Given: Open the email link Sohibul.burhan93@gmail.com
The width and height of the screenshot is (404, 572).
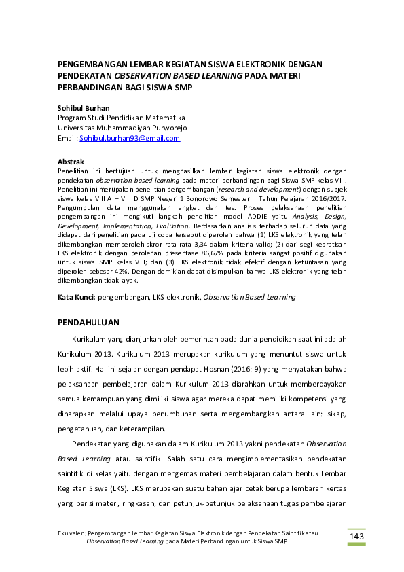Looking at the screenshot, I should pyautogui.click(x=130, y=138).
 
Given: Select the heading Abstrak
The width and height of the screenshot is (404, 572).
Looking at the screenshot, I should pyautogui.click(x=71, y=162).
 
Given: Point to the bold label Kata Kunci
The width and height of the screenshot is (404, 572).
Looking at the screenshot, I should pyautogui.click(x=76, y=297).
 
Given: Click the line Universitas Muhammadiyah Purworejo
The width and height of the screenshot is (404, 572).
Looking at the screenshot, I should pyautogui.click(x=123, y=128).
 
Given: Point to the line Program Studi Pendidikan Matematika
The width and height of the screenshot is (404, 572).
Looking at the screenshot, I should pyautogui.click(x=122, y=118).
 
